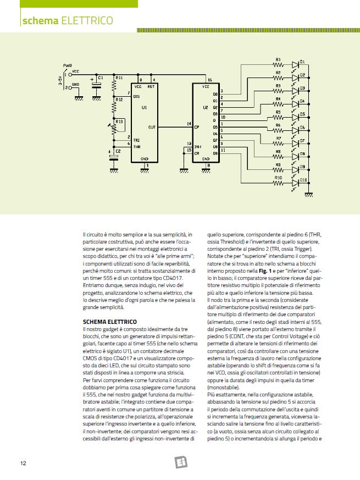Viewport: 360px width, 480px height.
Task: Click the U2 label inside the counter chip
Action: (206, 108)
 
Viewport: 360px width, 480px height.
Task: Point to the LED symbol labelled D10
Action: (295, 184)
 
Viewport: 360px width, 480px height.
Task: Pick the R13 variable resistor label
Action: (119, 122)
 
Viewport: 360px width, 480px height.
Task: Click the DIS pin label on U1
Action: (136, 96)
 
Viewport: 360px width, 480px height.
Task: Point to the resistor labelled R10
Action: (278, 184)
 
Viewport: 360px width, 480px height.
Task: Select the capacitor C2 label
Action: (118, 150)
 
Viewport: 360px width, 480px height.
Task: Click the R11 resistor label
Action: (119, 78)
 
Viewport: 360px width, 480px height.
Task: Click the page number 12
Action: (23, 462)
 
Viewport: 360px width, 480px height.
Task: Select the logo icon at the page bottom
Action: (180, 461)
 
